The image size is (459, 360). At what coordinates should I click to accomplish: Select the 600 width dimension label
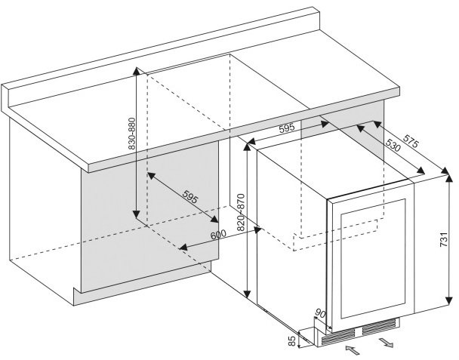(x=218, y=235)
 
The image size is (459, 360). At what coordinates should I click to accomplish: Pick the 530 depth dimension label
(x=392, y=146)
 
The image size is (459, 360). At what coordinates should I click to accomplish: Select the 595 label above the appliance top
(x=286, y=128)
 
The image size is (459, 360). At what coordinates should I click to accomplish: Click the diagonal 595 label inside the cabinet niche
(x=189, y=198)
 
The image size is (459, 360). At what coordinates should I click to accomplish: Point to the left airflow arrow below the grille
(x=352, y=349)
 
